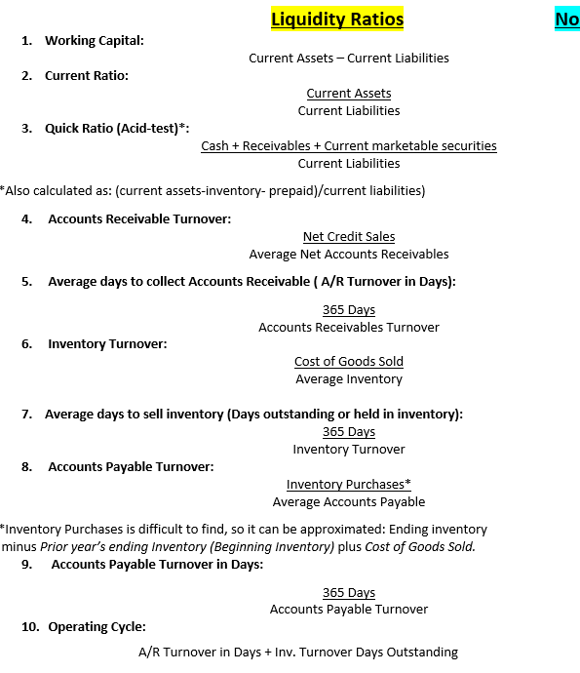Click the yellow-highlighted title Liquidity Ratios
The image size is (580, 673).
[x=336, y=20]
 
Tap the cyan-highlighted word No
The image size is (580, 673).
[x=566, y=20]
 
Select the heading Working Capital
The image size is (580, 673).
[x=94, y=40]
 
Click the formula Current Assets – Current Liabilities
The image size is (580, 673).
[x=348, y=58]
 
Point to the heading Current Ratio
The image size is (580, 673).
[x=86, y=75]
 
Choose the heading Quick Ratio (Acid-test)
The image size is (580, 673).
[x=117, y=128]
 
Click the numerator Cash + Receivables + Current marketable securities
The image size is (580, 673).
[x=348, y=145]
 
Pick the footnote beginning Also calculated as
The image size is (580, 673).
[x=213, y=190]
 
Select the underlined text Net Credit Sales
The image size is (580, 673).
[x=348, y=236]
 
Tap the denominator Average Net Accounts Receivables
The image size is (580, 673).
[x=348, y=254]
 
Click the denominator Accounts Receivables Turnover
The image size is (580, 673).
[x=348, y=327]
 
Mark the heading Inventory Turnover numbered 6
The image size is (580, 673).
[x=107, y=343]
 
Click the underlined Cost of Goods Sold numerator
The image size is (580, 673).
[x=348, y=361]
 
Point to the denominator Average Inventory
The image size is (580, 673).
[x=348, y=378]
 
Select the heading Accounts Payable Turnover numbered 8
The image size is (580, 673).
[x=131, y=466]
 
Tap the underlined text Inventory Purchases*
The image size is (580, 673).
[x=348, y=484]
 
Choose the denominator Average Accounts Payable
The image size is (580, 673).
[x=348, y=501]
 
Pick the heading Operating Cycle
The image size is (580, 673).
[x=97, y=626]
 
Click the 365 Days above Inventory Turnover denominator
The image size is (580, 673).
[x=348, y=431]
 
